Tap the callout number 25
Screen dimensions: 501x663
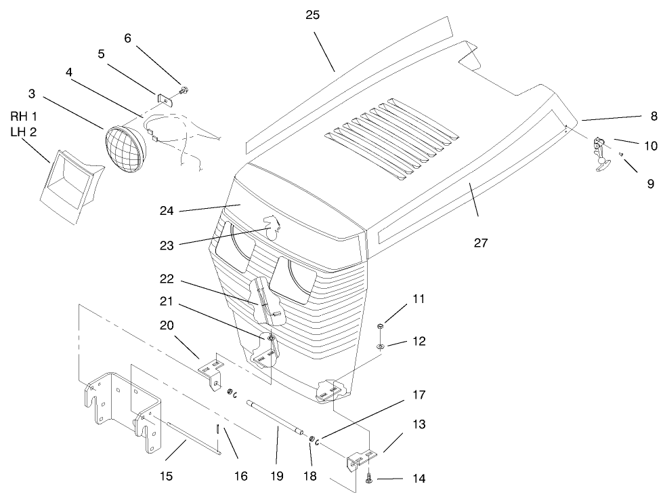pos(313,15)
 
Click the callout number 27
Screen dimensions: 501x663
pos(481,243)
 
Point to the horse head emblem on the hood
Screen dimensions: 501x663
pos(272,226)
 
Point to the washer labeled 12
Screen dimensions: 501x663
pos(382,346)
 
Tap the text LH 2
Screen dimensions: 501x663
pos(23,132)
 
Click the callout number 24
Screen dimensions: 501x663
pos(167,211)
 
